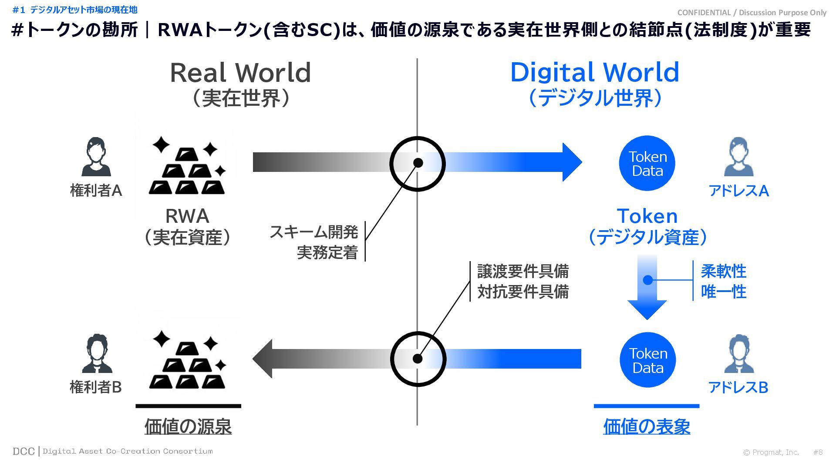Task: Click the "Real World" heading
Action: [240, 73]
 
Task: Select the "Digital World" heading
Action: [594, 73]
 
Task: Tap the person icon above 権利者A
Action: [96, 157]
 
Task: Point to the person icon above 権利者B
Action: [96, 353]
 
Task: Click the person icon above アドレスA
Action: [738, 157]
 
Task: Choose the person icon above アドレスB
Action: [739, 353]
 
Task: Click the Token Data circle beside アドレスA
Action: [647, 163]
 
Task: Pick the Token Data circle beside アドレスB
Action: [647, 360]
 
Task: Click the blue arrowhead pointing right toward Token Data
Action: [571, 162]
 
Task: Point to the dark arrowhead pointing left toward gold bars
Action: [263, 359]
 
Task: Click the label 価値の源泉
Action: [188, 426]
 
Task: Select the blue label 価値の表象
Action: [647, 426]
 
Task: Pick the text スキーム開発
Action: [314, 232]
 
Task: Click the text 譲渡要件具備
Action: [523, 271]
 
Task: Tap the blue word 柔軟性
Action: [723, 271]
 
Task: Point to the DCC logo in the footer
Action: [24, 451]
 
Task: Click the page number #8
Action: [818, 452]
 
